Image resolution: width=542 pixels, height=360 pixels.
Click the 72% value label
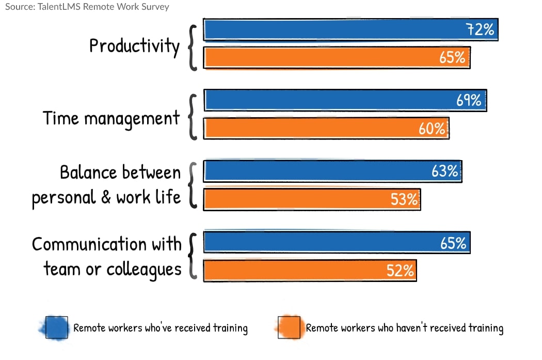coord(480,30)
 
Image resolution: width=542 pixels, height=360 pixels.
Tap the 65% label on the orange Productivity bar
coord(452,57)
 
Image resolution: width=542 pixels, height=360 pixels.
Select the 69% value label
coord(469,100)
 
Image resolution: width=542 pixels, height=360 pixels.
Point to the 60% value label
coord(432,129)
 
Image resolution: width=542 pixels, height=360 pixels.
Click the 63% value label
coord(444,171)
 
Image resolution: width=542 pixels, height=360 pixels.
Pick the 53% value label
coord(404,199)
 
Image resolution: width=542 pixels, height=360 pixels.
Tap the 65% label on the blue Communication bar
coord(453,243)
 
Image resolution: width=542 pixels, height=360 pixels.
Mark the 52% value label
coord(400,271)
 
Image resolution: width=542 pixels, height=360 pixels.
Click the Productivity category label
coord(134,46)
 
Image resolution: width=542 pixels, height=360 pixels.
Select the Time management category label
coord(111,118)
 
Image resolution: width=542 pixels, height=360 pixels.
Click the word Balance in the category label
coord(89,172)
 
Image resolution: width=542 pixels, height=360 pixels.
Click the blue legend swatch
coord(56,327)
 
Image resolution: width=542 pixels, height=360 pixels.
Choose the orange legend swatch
coord(289,327)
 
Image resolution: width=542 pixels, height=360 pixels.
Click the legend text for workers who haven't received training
coord(404,328)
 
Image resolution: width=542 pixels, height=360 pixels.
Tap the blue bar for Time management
coord(345,100)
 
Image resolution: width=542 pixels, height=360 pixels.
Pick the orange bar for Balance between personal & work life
coord(312,199)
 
